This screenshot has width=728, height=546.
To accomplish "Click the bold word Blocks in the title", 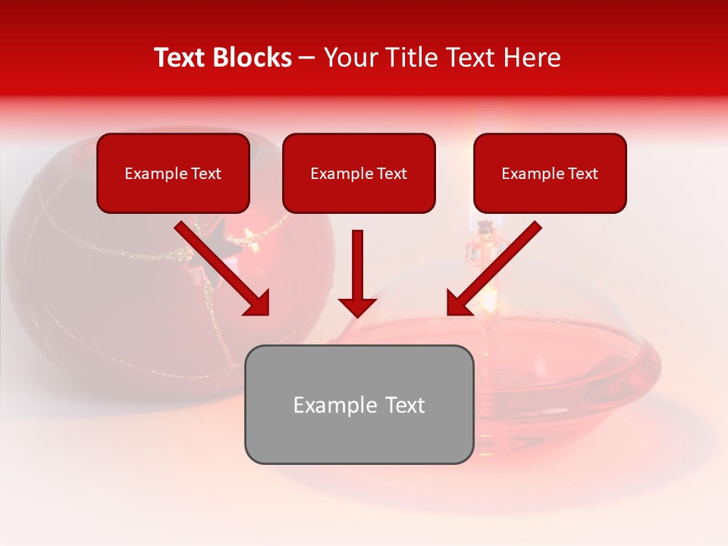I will pyautogui.click(x=254, y=58).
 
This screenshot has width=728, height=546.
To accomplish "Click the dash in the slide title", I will pyautogui.click(x=307, y=58).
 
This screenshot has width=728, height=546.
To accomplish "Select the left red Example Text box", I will pyautogui.click(x=173, y=190).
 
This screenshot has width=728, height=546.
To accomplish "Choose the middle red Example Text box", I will pyautogui.click(x=359, y=190).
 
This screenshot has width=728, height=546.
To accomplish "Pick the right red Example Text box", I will pyautogui.click(x=550, y=190).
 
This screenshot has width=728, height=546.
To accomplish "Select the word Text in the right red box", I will pyautogui.click(x=582, y=174).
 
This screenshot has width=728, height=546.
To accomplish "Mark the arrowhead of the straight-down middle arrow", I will pyautogui.click(x=357, y=306).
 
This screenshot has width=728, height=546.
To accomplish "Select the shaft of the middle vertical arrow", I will pyautogui.click(x=357, y=262).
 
